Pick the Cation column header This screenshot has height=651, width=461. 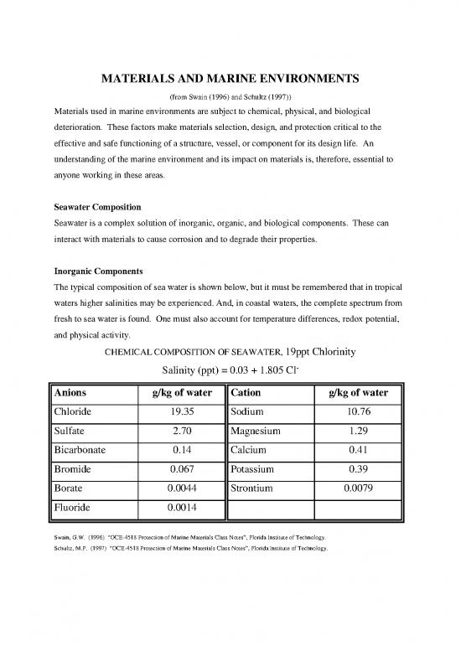coord(248,394)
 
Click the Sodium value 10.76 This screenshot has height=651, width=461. coord(352,414)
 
